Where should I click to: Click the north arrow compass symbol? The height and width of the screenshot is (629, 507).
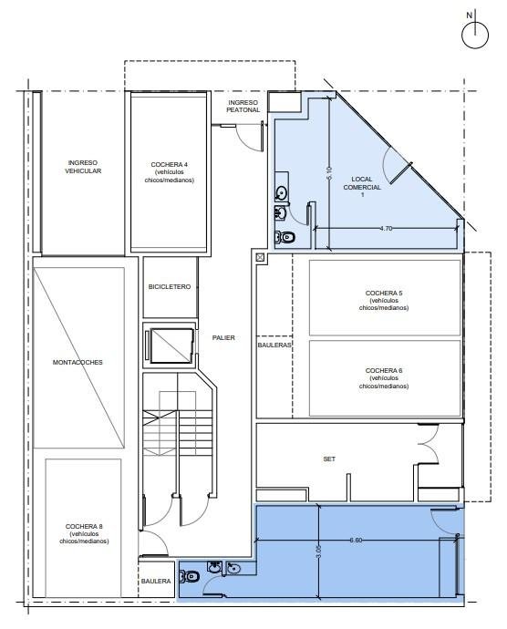pyautogui.click(x=474, y=35)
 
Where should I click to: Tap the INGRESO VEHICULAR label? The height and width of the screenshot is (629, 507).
pyautogui.click(x=83, y=167)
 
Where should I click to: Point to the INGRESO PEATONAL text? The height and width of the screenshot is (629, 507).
pyautogui.click(x=243, y=107)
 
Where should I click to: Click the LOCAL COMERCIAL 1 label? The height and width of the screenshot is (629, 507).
pyautogui.click(x=362, y=187)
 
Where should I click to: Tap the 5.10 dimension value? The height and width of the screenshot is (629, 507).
pyautogui.click(x=329, y=172)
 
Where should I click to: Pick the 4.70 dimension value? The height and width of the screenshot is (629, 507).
pyautogui.click(x=386, y=228)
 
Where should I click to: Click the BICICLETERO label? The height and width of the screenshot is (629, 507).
pyautogui.click(x=170, y=287)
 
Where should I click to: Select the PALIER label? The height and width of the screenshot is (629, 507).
pyautogui.click(x=223, y=338)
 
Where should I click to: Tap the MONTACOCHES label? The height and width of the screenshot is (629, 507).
pyautogui.click(x=78, y=362)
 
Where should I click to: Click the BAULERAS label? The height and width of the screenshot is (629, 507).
pyautogui.click(x=274, y=345)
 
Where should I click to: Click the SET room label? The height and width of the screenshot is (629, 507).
pyautogui.click(x=329, y=459)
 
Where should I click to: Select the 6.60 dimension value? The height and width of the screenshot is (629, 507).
pyautogui.click(x=356, y=541)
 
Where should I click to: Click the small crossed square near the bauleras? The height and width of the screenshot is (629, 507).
pyautogui.click(x=260, y=258)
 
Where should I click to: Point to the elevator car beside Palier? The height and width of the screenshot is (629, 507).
pyautogui.click(x=171, y=345)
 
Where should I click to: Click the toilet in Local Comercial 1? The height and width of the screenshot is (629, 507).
pyautogui.click(x=285, y=238)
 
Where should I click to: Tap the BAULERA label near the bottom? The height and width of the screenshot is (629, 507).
pyautogui.click(x=156, y=582)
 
